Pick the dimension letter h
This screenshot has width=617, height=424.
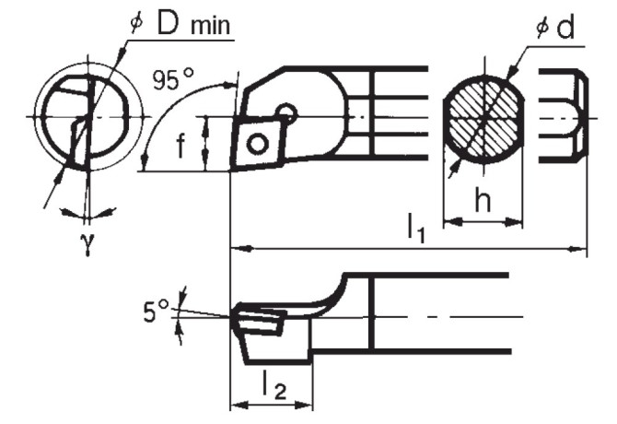pos(482,202)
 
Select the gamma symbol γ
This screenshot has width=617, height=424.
pos(87,245)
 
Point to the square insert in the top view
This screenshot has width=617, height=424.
pos(258,143)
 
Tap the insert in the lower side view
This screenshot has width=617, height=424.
pos(260,319)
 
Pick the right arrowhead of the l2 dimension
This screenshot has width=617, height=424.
pos(309,405)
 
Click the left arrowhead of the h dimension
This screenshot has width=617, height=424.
pos(448,221)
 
